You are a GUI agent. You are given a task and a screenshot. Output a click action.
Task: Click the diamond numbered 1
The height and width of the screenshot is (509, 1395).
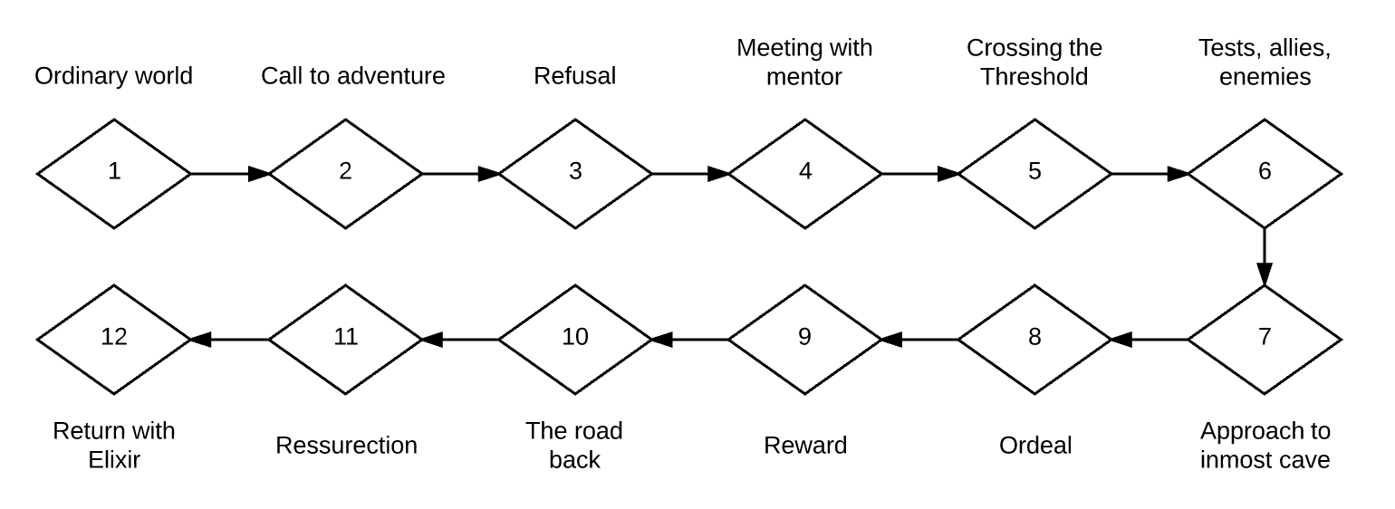point(114,172)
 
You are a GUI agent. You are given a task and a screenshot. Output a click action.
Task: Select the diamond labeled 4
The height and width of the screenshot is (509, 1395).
point(805,172)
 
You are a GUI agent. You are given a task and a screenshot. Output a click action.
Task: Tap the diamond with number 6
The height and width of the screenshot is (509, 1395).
point(1265,172)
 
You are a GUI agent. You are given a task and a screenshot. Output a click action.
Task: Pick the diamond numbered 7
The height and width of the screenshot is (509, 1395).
point(1265,339)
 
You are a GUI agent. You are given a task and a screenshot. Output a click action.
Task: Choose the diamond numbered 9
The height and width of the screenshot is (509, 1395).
point(805,339)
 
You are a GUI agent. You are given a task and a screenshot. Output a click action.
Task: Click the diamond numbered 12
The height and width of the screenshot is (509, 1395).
point(114,339)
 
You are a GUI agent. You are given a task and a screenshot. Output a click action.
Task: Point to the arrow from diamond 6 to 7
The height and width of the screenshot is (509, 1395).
point(1265,255)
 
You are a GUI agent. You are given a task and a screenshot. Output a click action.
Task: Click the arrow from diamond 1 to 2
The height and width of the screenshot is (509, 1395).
point(230,172)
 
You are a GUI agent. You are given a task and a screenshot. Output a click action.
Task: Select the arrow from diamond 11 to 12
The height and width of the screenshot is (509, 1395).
point(230,340)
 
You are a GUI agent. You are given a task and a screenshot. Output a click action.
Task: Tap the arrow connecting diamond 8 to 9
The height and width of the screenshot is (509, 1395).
point(919,340)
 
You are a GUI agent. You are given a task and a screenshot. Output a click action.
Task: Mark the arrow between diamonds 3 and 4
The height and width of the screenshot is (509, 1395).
point(690,172)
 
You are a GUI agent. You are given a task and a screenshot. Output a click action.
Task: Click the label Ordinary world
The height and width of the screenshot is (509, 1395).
point(114,76)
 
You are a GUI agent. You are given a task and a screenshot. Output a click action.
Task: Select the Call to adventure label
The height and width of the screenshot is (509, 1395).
point(353,76)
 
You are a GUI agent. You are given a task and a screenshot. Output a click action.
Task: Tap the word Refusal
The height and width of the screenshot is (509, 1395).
point(574,76)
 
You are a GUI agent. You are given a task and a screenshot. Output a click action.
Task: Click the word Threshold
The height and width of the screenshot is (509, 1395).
point(1034,77)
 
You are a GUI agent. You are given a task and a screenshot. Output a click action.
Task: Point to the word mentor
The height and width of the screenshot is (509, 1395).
point(804,77)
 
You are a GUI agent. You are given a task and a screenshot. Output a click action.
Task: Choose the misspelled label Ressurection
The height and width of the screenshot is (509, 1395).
point(346,446)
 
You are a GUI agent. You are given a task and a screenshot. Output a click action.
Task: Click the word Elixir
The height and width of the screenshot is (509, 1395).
point(114,460)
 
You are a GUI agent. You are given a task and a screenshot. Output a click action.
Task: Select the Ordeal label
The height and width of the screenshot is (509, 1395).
point(1035,446)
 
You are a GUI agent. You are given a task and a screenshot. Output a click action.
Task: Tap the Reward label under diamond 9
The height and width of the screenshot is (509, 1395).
point(805,446)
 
